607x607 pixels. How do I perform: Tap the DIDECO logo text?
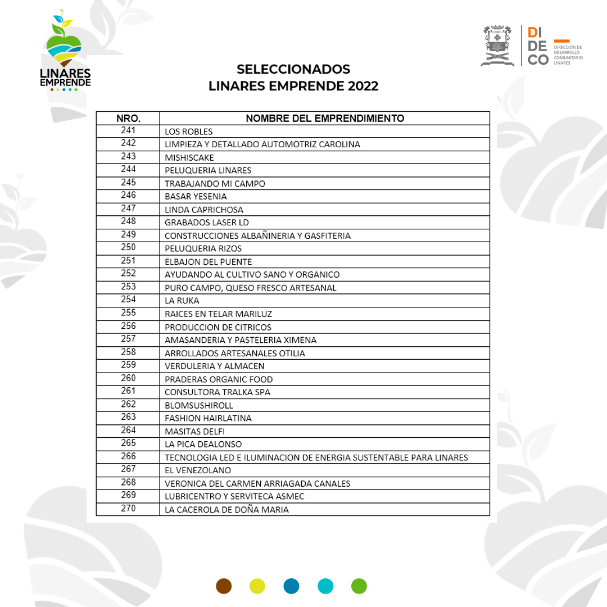(538, 46)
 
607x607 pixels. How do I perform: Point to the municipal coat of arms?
(497, 46)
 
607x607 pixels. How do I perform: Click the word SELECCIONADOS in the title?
(293, 69)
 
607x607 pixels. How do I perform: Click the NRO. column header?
(128, 119)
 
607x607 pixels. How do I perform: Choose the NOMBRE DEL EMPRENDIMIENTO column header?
(325, 119)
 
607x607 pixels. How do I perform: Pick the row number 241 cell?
(128, 130)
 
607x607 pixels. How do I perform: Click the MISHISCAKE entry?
(189, 157)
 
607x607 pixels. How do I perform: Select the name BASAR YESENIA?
(196, 197)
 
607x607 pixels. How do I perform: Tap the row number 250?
(128, 248)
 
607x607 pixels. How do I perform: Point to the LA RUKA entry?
(182, 301)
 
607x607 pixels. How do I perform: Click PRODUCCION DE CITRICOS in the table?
(218, 327)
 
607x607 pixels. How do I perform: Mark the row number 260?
(128, 378)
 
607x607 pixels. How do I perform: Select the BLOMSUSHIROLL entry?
(199, 405)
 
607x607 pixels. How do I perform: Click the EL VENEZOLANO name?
(198, 470)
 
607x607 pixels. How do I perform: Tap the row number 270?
(128, 509)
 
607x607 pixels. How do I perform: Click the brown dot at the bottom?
(224, 586)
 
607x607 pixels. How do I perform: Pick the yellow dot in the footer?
(257, 586)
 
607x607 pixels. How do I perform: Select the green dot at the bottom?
(359, 586)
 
